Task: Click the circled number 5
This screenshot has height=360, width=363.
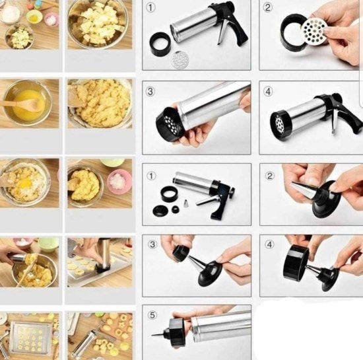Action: [x=152, y=315]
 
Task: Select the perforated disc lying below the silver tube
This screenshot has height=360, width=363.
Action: [x=180, y=59]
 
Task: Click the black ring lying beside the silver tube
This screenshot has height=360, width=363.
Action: [x=160, y=44]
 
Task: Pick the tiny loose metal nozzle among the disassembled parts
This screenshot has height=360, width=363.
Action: [x=185, y=203]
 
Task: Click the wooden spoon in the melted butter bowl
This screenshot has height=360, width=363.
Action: [x=21, y=104]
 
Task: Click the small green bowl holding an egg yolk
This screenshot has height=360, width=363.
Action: [x=35, y=16]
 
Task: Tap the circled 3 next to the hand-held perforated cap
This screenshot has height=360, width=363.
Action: [x=150, y=91]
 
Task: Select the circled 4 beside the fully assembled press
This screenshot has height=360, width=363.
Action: [x=268, y=92]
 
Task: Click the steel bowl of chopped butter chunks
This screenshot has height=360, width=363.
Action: [x=99, y=24]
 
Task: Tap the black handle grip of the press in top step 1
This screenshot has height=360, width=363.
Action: [x=239, y=34]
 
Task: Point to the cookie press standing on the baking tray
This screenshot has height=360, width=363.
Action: [x=104, y=254]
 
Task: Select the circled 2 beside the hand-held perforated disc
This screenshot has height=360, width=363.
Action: [x=267, y=8]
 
